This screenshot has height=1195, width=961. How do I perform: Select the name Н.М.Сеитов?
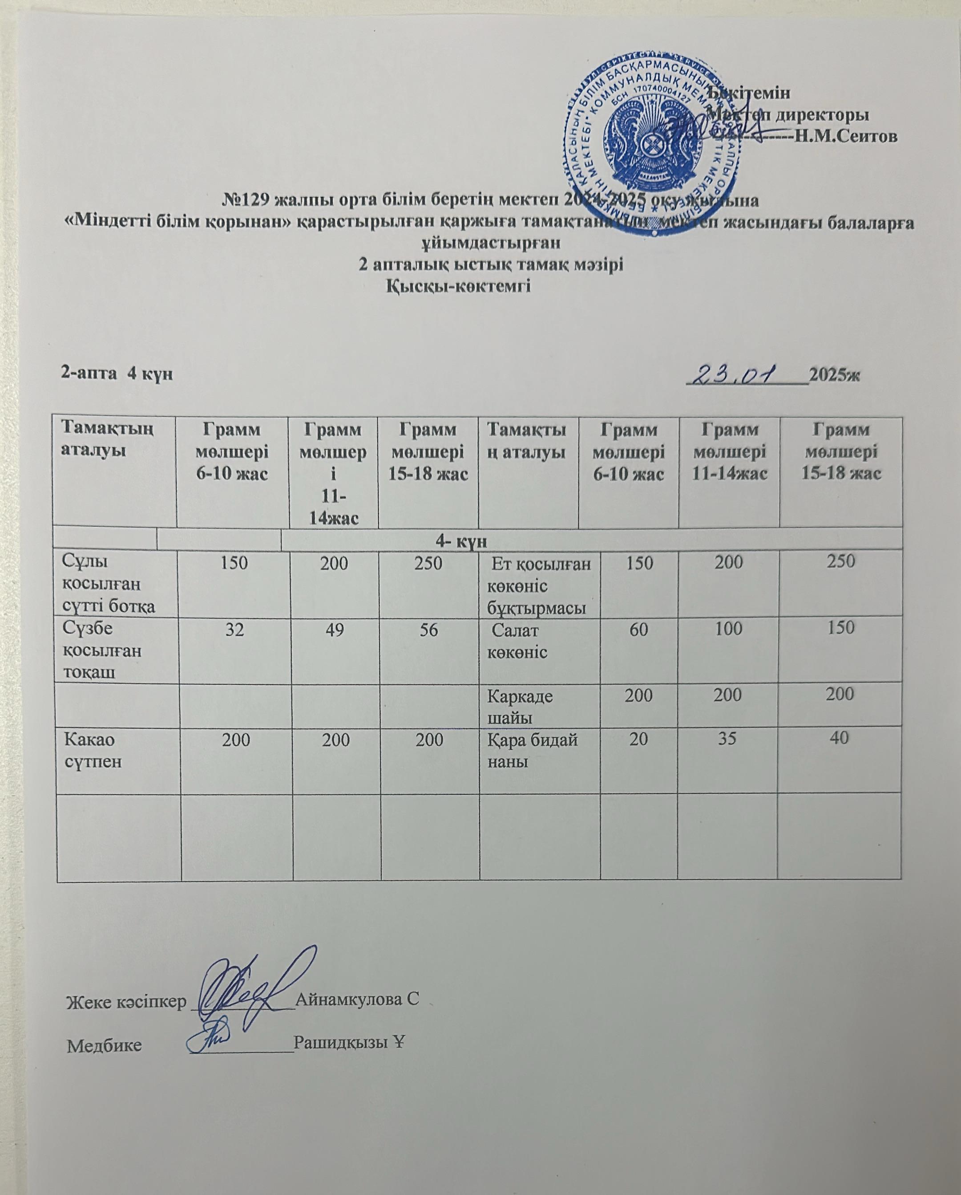(x=845, y=136)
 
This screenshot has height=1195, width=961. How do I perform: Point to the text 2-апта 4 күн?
(x=117, y=374)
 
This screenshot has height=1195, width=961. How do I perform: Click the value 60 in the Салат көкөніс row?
(x=638, y=630)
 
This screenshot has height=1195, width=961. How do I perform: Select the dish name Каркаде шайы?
(x=520, y=706)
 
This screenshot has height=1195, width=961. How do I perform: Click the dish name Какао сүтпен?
(x=93, y=750)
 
